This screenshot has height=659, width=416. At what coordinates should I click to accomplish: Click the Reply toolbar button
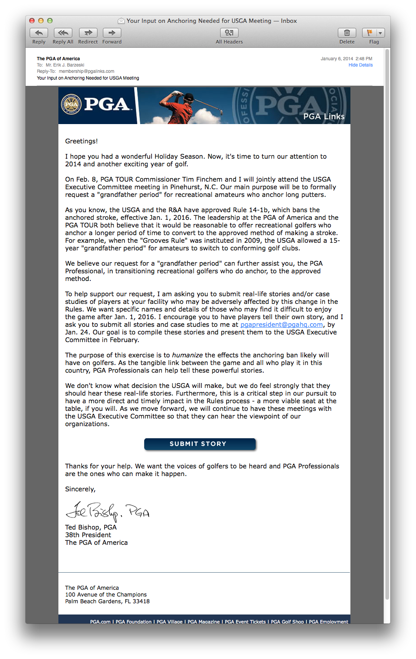(39, 33)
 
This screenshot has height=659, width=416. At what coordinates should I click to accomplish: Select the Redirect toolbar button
(88, 33)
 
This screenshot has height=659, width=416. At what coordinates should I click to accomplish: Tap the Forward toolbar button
(112, 33)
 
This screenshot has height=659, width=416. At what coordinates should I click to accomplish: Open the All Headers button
(229, 33)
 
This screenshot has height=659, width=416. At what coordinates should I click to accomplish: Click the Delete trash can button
(347, 33)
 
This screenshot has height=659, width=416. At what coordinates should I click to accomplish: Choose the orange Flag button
(369, 33)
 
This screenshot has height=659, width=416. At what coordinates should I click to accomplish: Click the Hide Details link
(360, 65)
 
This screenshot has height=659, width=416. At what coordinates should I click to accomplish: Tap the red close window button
(32, 21)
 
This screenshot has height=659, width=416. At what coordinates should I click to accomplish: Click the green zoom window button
(50, 21)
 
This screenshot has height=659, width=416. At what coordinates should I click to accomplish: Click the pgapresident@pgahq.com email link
(281, 325)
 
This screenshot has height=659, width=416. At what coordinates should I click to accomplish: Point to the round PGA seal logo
(71, 105)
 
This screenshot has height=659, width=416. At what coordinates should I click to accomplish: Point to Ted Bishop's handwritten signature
(107, 510)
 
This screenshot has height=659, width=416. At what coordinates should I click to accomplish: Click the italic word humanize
(187, 355)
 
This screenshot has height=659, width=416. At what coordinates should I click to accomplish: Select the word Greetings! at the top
(81, 141)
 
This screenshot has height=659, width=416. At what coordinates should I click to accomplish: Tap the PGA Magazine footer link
(204, 622)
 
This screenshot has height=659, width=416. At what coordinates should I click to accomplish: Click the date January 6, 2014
(336, 59)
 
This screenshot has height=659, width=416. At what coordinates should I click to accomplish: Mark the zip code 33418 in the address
(141, 601)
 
